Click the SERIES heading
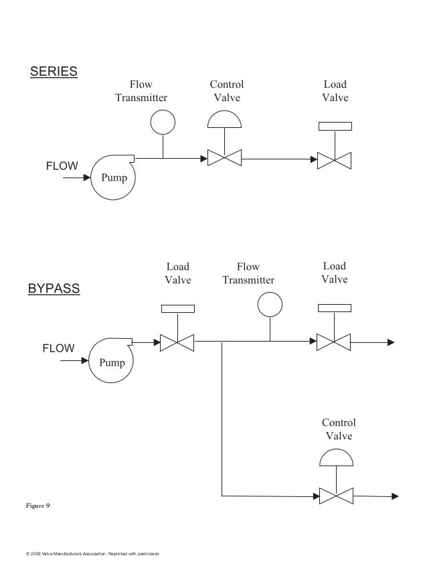click(54, 71)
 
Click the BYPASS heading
click(54, 289)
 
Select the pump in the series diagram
click(112, 177)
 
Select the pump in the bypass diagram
click(111, 360)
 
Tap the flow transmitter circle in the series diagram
click(162, 122)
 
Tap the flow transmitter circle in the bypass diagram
click(270, 305)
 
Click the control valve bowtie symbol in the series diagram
click(225, 159)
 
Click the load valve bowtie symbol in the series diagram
click(334, 160)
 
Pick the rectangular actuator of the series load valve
click(335, 126)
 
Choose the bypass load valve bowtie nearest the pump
click(177, 342)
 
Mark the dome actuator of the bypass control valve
click(337, 457)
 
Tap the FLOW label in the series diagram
click(62, 165)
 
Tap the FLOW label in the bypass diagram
click(59, 348)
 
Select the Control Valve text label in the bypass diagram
click(339, 429)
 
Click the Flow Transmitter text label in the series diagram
click(141, 91)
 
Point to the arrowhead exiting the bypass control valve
click(395, 496)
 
